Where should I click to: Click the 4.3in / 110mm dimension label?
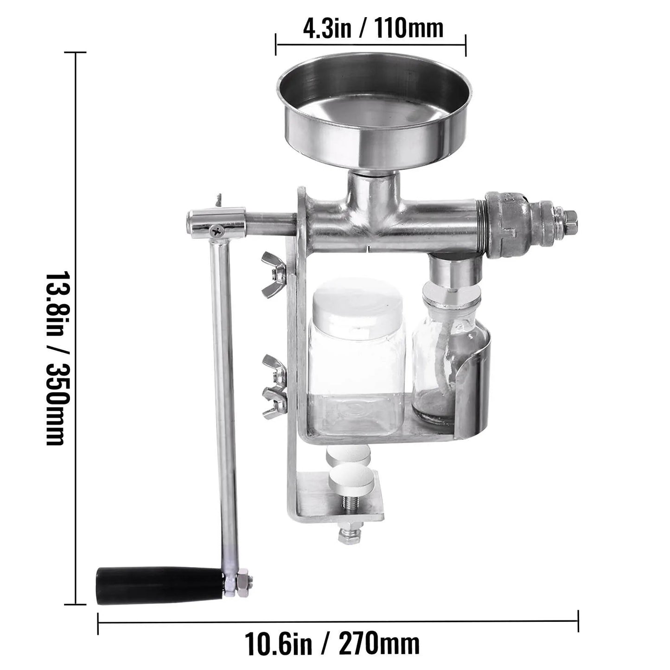pos(373,29)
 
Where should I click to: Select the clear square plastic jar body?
pos(357,380)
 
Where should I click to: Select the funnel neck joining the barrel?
pos(374,185)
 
